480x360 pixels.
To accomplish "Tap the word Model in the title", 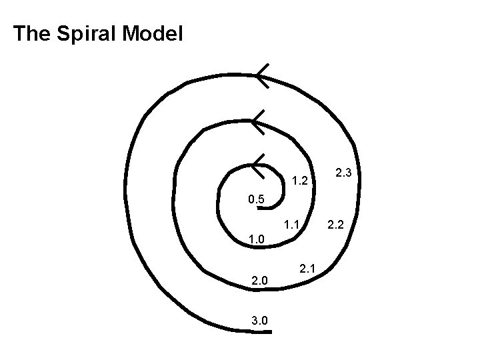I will click(152, 33).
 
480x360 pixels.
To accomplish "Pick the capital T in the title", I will click(19, 33).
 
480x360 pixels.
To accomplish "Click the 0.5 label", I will click(256, 199).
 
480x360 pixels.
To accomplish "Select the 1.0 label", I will click(257, 239).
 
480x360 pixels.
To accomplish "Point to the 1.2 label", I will click(299, 181).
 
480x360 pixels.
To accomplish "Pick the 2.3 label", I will click(344, 173).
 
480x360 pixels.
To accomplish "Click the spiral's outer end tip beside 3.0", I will click(269, 331).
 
